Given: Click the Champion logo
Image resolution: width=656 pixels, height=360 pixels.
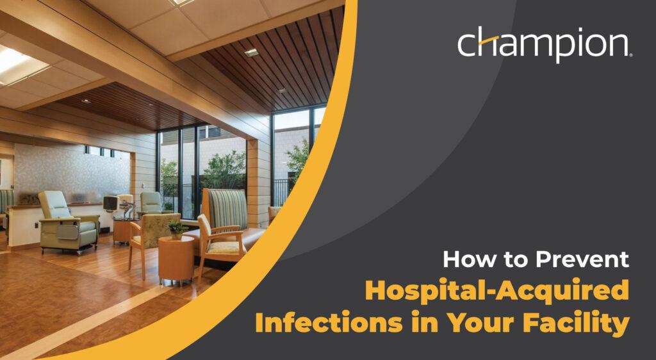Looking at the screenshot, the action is (x=545, y=44).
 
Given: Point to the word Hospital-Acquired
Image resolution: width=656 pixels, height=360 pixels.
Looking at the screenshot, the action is (x=497, y=291).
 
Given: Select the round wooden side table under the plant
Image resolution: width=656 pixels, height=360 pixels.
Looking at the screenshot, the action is (x=176, y=259).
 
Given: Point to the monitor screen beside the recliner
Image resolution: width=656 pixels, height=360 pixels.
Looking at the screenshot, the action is (x=110, y=204).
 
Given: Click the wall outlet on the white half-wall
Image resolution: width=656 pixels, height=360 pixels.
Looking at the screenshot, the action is (x=37, y=225).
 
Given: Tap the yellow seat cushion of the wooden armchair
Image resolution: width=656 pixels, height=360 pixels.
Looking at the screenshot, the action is (x=226, y=247).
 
